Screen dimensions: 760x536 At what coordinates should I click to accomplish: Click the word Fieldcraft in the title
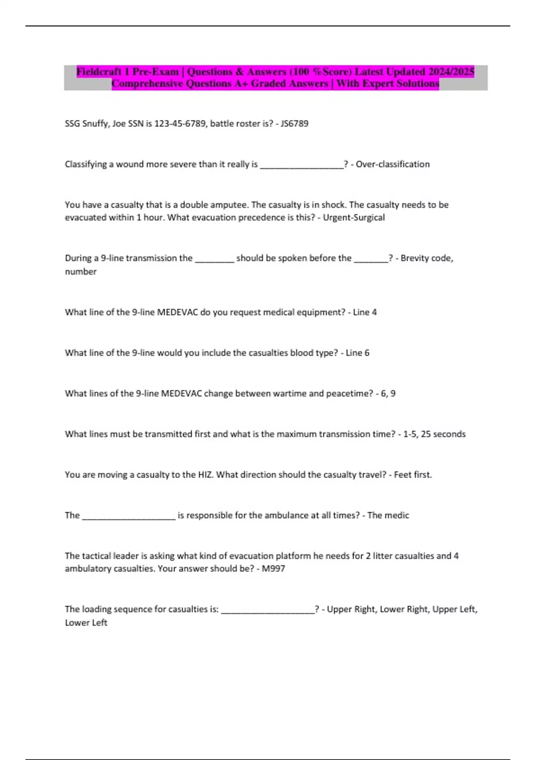point(99,72)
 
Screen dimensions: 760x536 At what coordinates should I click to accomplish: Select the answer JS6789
point(294,123)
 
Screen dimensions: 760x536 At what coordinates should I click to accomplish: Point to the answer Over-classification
point(393,164)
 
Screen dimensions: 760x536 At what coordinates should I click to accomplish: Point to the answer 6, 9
point(388,393)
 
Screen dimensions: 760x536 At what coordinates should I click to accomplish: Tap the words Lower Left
point(86,623)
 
